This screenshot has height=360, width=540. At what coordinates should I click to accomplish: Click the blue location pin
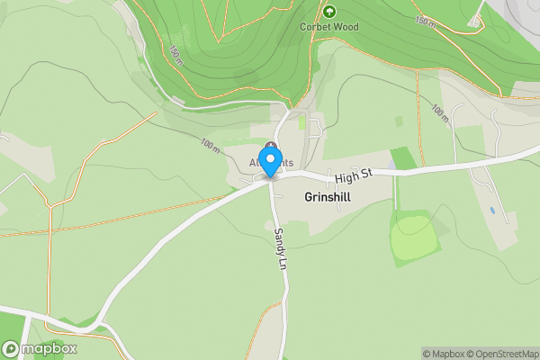(x=269, y=163)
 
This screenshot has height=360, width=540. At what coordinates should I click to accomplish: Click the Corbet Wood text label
(x=329, y=27)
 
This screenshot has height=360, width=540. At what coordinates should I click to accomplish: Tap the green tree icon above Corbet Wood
(x=329, y=12)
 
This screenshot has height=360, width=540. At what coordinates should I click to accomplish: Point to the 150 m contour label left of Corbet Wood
(x=175, y=56)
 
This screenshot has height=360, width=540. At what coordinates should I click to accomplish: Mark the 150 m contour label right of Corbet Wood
(x=426, y=19)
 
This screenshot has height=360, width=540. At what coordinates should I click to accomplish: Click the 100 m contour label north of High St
(x=440, y=112)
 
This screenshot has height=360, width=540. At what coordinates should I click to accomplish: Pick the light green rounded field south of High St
(x=415, y=238)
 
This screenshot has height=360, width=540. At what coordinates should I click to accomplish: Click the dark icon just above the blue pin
(x=270, y=146)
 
